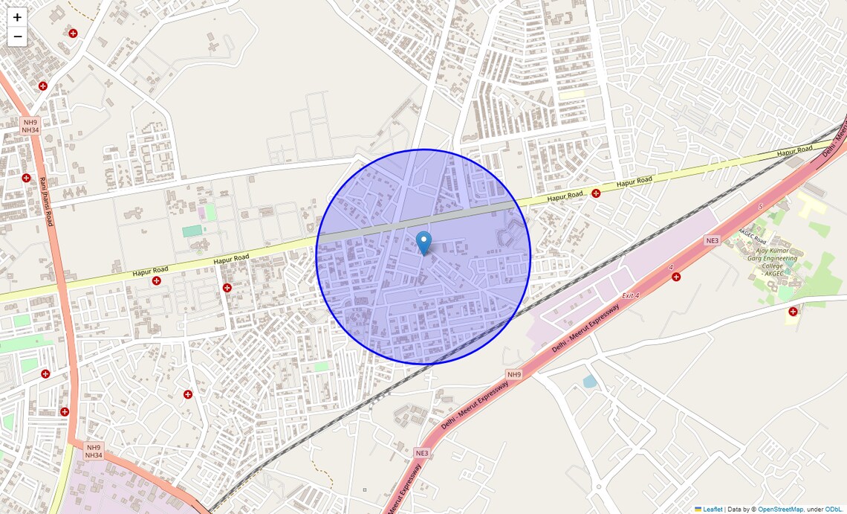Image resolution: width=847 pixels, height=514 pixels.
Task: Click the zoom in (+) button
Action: tap(17, 17)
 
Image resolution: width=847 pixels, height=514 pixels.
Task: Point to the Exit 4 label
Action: tap(630, 296)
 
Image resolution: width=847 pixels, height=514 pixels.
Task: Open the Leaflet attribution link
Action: tap(712, 510)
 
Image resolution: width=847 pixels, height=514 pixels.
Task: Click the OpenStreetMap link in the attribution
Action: tap(780, 510)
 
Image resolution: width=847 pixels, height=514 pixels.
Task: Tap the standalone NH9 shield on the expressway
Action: tap(514, 373)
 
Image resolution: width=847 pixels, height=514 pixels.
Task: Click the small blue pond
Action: tap(589, 382)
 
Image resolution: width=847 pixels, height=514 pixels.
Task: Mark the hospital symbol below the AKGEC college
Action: tap(793, 311)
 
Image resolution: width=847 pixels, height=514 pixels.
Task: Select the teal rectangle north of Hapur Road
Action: tap(192, 231)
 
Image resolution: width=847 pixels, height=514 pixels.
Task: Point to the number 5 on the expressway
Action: tap(761, 206)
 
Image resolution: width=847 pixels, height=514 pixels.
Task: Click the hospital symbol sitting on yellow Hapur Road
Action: tap(596, 193)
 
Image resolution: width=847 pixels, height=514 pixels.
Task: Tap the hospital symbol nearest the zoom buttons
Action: tap(73, 33)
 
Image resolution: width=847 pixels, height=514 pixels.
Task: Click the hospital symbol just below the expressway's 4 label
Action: tap(676, 277)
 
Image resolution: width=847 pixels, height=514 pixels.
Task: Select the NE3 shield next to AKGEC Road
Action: tap(713, 241)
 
